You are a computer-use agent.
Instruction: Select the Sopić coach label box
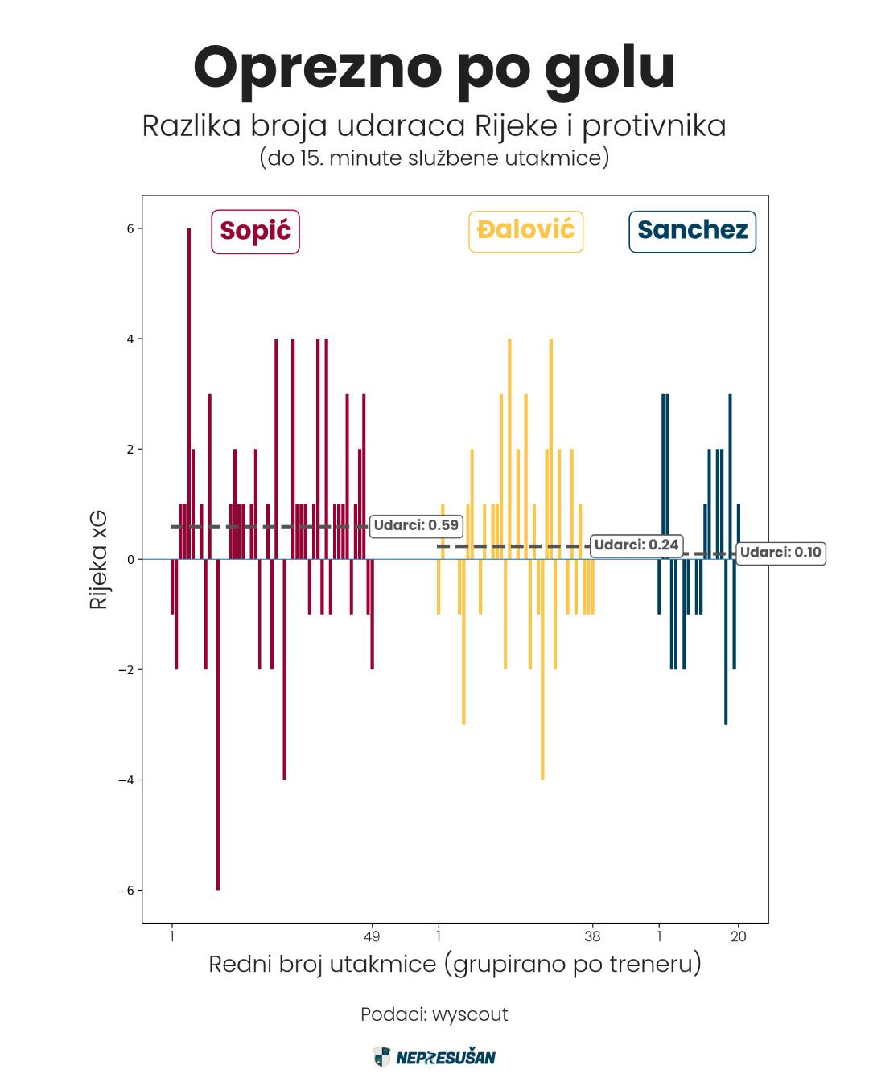(255, 231)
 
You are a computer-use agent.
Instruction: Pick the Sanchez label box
(692, 231)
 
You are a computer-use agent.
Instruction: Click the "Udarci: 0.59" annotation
(416, 526)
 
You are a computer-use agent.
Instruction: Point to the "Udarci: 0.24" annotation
(636, 545)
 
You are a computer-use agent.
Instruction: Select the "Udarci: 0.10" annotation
(780, 553)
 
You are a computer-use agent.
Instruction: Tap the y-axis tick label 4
(130, 339)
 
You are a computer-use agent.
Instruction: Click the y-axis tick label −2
(126, 670)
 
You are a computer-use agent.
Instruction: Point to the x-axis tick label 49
(372, 936)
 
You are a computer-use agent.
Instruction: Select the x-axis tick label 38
(592, 936)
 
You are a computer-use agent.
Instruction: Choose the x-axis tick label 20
(739, 936)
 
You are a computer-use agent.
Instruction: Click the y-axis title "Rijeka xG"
(98, 559)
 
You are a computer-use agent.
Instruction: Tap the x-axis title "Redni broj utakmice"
(455, 964)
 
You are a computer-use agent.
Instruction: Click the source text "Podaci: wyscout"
(434, 1014)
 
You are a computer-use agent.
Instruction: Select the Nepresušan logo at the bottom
(434, 1057)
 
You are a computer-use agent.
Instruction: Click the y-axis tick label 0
(130, 560)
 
